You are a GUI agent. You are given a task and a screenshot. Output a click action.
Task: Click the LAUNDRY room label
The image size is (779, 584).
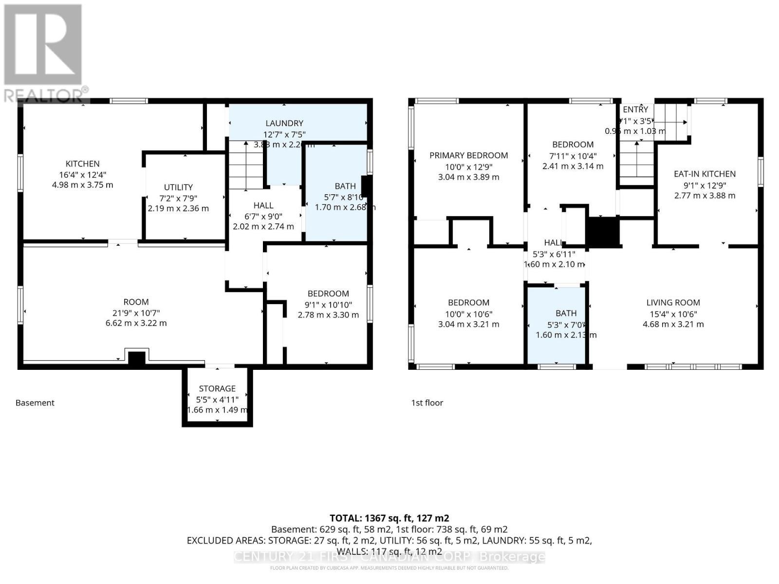point(284,124)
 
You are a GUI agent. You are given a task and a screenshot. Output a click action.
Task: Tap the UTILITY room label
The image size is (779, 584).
point(178,187)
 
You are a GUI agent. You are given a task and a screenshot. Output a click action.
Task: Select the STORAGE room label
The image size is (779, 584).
point(217,388)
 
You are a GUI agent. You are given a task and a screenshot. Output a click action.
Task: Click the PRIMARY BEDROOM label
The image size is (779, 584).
point(468,156)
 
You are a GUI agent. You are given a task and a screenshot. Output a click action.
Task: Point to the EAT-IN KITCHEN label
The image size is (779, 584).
point(705,174)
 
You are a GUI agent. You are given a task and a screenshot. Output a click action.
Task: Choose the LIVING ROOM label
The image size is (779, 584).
point(673,303)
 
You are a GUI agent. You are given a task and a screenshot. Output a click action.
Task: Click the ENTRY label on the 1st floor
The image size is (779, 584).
point(635,109)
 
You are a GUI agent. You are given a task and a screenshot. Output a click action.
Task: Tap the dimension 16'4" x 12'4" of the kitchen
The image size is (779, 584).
point(83,175)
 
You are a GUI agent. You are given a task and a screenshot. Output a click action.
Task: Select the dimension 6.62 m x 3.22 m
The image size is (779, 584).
point(136,323)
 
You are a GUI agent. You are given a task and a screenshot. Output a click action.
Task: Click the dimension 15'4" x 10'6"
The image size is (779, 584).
point(673,314)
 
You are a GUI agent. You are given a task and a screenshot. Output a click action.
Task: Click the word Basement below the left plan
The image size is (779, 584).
point(35,403)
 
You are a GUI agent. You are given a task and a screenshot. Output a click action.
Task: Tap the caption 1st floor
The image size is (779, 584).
point(427,403)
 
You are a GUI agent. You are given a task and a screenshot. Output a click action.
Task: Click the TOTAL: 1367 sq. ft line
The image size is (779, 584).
point(389,518)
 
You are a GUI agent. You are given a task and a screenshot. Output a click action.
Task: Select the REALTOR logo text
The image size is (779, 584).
point(46,94)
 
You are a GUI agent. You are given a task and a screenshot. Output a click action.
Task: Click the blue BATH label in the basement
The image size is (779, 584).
point(345,186)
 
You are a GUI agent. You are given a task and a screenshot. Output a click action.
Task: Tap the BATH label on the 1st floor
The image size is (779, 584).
point(566,313)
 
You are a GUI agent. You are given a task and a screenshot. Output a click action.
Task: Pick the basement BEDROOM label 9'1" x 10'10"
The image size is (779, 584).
point(328,294)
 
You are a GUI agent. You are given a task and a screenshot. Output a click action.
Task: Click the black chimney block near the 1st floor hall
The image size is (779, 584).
point(603,231)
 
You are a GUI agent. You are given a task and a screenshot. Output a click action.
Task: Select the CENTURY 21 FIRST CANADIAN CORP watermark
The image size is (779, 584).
point(389,557)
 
